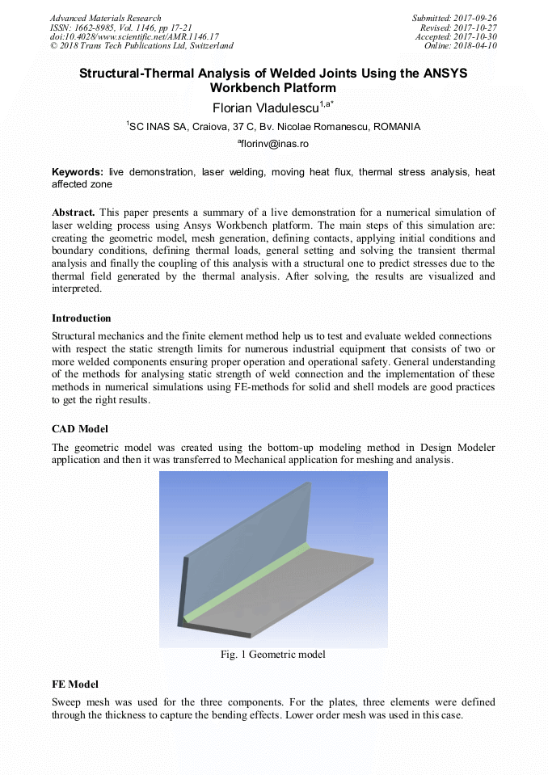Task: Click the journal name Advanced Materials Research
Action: [106, 18]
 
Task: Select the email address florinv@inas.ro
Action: [275, 144]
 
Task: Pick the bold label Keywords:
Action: [78, 172]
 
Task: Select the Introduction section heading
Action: [82, 318]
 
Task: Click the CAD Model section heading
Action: [80, 428]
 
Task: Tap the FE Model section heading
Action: [75, 684]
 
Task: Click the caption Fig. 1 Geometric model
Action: [273, 655]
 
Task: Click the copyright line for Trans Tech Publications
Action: [141, 46]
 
